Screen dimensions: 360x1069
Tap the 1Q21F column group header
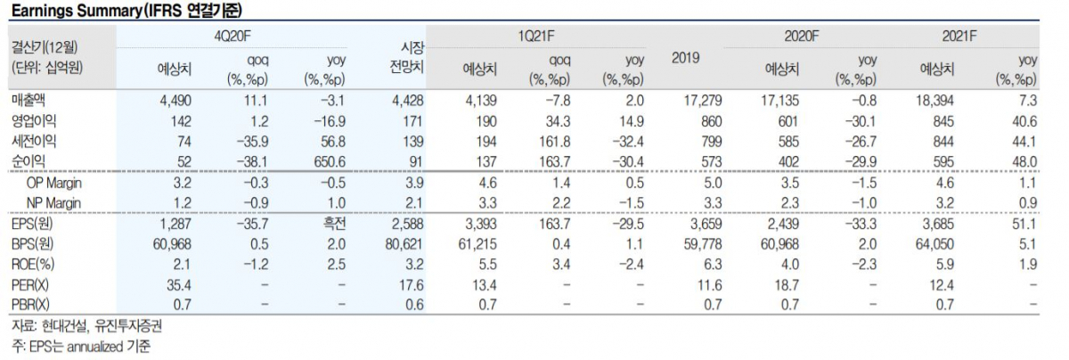tap(537, 36)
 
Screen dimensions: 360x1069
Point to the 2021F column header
tap(959, 36)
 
